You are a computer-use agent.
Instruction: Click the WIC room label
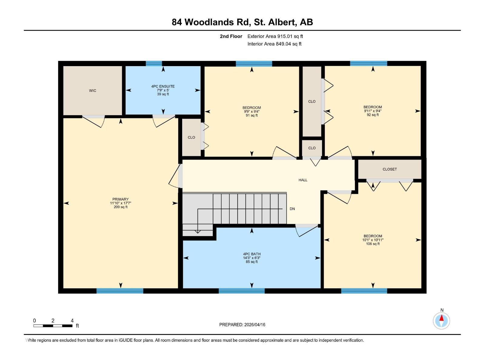click(x=92, y=91)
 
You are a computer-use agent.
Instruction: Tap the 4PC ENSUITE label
click(x=163, y=86)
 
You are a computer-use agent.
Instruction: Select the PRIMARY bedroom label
click(x=120, y=199)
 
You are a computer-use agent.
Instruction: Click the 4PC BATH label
click(x=252, y=254)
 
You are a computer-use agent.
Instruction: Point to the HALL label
click(x=303, y=180)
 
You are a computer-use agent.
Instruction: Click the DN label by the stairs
click(x=292, y=209)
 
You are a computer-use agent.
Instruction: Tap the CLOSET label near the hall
click(x=390, y=169)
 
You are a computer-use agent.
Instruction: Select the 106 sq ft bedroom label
click(x=373, y=244)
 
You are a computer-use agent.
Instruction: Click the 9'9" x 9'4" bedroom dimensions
click(x=252, y=111)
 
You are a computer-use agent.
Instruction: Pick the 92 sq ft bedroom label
click(x=373, y=115)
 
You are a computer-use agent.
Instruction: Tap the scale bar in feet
click(x=53, y=326)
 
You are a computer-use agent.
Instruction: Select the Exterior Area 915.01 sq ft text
click(x=275, y=36)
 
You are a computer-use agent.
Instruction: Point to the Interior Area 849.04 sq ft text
click(x=274, y=44)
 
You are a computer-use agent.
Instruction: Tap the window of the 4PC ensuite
click(x=154, y=63)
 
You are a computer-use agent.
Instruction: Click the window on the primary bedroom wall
click(x=120, y=291)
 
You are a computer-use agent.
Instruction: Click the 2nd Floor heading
click(x=231, y=36)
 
